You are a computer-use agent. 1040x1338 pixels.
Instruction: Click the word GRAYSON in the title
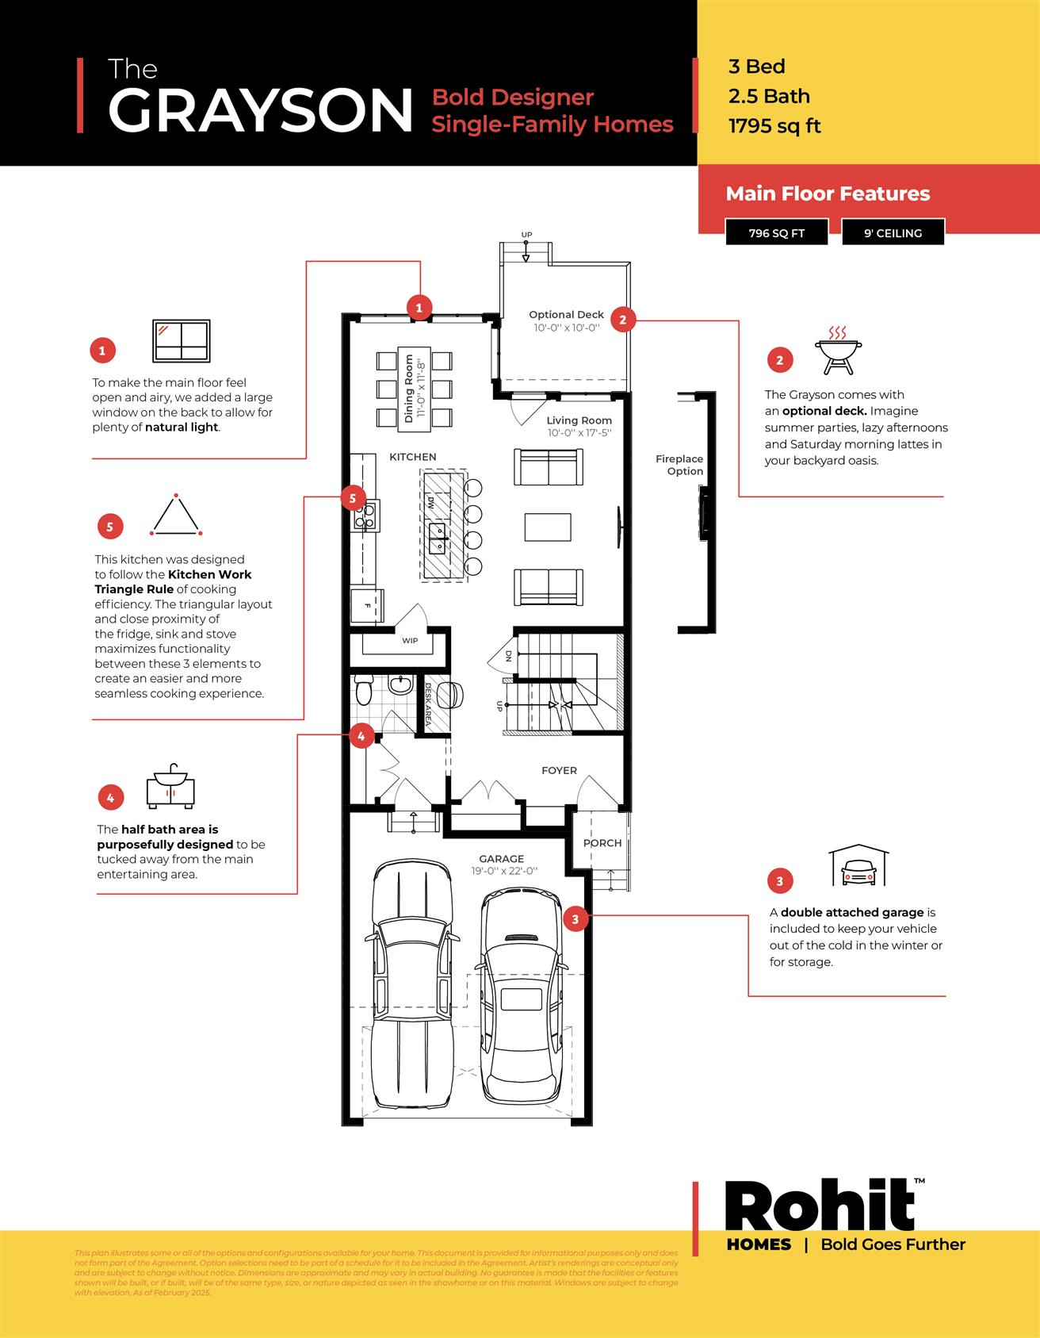pyautogui.click(x=260, y=111)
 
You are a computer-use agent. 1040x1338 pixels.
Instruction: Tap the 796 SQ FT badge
pyautogui.click(x=776, y=233)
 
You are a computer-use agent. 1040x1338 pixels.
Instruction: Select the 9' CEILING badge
pyautogui.click(x=893, y=233)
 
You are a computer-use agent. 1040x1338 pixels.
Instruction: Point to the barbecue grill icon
pyautogui.click(x=838, y=350)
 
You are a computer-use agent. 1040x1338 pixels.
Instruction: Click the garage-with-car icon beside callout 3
pyautogui.click(x=858, y=866)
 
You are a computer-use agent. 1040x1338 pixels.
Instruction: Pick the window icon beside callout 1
pyautogui.click(x=182, y=341)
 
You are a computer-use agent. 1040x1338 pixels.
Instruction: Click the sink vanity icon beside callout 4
pyautogui.click(x=170, y=787)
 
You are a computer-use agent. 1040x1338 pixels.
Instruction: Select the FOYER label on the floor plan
pyautogui.click(x=559, y=770)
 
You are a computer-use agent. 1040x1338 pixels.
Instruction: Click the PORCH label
pyautogui.click(x=602, y=843)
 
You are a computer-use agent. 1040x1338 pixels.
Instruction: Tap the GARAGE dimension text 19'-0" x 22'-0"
pyautogui.click(x=504, y=871)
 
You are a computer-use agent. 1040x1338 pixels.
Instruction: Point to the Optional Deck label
pyautogui.click(x=566, y=315)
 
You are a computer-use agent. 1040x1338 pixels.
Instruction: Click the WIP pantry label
pyautogui.click(x=410, y=641)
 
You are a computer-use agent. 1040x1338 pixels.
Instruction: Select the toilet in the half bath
pyautogui.click(x=364, y=690)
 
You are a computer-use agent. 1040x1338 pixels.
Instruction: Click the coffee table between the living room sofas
pyautogui.click(x=548, y=527)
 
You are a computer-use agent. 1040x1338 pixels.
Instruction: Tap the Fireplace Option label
pyautogui.click(x=679, y=465)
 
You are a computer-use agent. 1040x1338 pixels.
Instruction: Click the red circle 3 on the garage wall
pyautogui.click(x=575, y=919)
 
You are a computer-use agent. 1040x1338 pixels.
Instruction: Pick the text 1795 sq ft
pyautogui.click(x=774, y=126)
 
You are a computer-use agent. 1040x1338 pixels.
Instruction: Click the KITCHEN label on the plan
pyautogui.click(x=412, y=457)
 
